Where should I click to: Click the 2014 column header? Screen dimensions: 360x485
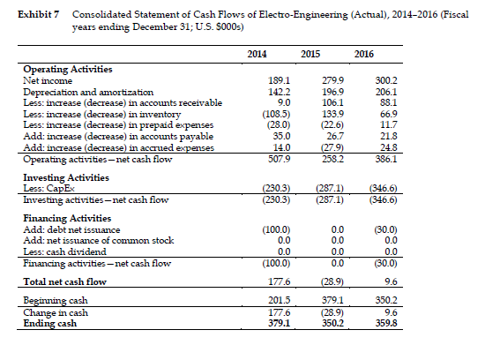pyautogui.click(x=257, y=54)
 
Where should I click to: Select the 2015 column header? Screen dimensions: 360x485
pyautogui.click(x=310, y=54)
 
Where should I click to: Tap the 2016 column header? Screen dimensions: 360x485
pyautogui.click(x=363, y=54)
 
